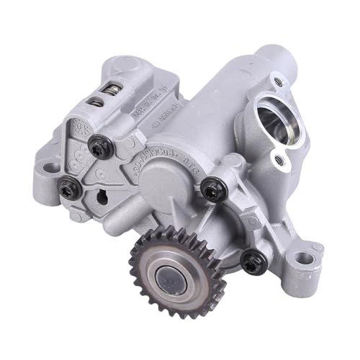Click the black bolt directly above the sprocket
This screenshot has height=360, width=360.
(x=210, y=189)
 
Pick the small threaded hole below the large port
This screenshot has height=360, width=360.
(x=274, y=154)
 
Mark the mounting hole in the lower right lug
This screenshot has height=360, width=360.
(x=305, y=258)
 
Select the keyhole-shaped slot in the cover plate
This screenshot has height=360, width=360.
(x=99, y=195)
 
